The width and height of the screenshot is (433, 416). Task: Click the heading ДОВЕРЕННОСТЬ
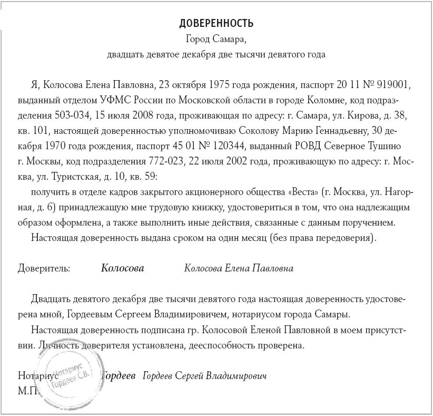pyautogui.click(x=216, y=23)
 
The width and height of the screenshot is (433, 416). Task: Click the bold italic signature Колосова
pyautogui.click(x=122, y=268)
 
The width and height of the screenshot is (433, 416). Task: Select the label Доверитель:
pyautogui.click(x=44, y=268)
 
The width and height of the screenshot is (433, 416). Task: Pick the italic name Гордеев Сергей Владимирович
pyautogui.click(x=205, y=376)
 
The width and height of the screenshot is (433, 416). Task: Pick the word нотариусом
pyautogui.click(x=250, y=314)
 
